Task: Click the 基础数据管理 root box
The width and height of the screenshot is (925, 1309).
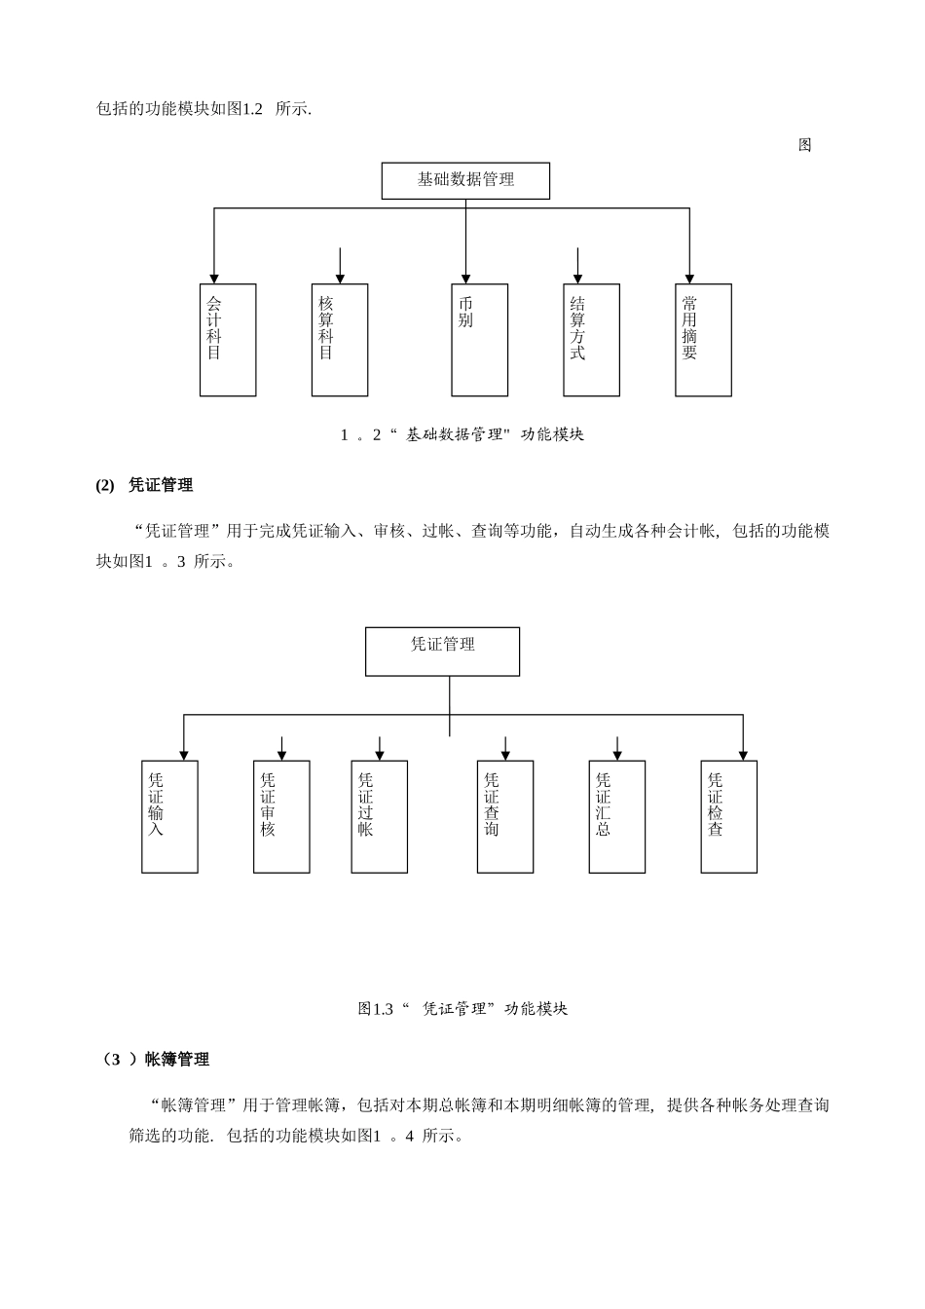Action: point(465,181)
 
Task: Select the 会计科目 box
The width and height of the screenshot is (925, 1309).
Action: point(228,340)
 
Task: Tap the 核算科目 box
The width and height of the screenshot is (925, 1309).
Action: point(340,340)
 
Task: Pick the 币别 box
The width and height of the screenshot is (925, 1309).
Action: point(479,340)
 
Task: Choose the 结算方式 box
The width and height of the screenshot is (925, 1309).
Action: point(591,340)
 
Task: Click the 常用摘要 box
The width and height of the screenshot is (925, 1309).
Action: point(703,340)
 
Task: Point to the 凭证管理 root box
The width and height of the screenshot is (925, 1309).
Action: point(442,652)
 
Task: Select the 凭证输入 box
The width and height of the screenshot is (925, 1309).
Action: point(169,816)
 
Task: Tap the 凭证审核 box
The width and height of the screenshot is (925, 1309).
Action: point(281,816)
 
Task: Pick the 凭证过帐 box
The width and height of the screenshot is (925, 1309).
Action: point(379,816)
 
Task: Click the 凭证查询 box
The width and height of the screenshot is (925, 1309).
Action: point(504,816)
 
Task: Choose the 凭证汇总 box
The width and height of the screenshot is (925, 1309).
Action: point(616,816)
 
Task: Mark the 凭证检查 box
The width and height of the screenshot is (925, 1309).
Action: point(728,816)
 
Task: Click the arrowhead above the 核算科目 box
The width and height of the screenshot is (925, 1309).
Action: point(340,279)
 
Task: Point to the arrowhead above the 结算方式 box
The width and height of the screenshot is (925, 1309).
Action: point(577,279)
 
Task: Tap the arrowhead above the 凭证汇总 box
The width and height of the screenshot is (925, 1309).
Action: point(617,755)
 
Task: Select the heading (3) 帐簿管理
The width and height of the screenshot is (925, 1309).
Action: point(156,1060)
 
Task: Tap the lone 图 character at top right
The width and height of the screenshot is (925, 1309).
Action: point(805,145)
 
